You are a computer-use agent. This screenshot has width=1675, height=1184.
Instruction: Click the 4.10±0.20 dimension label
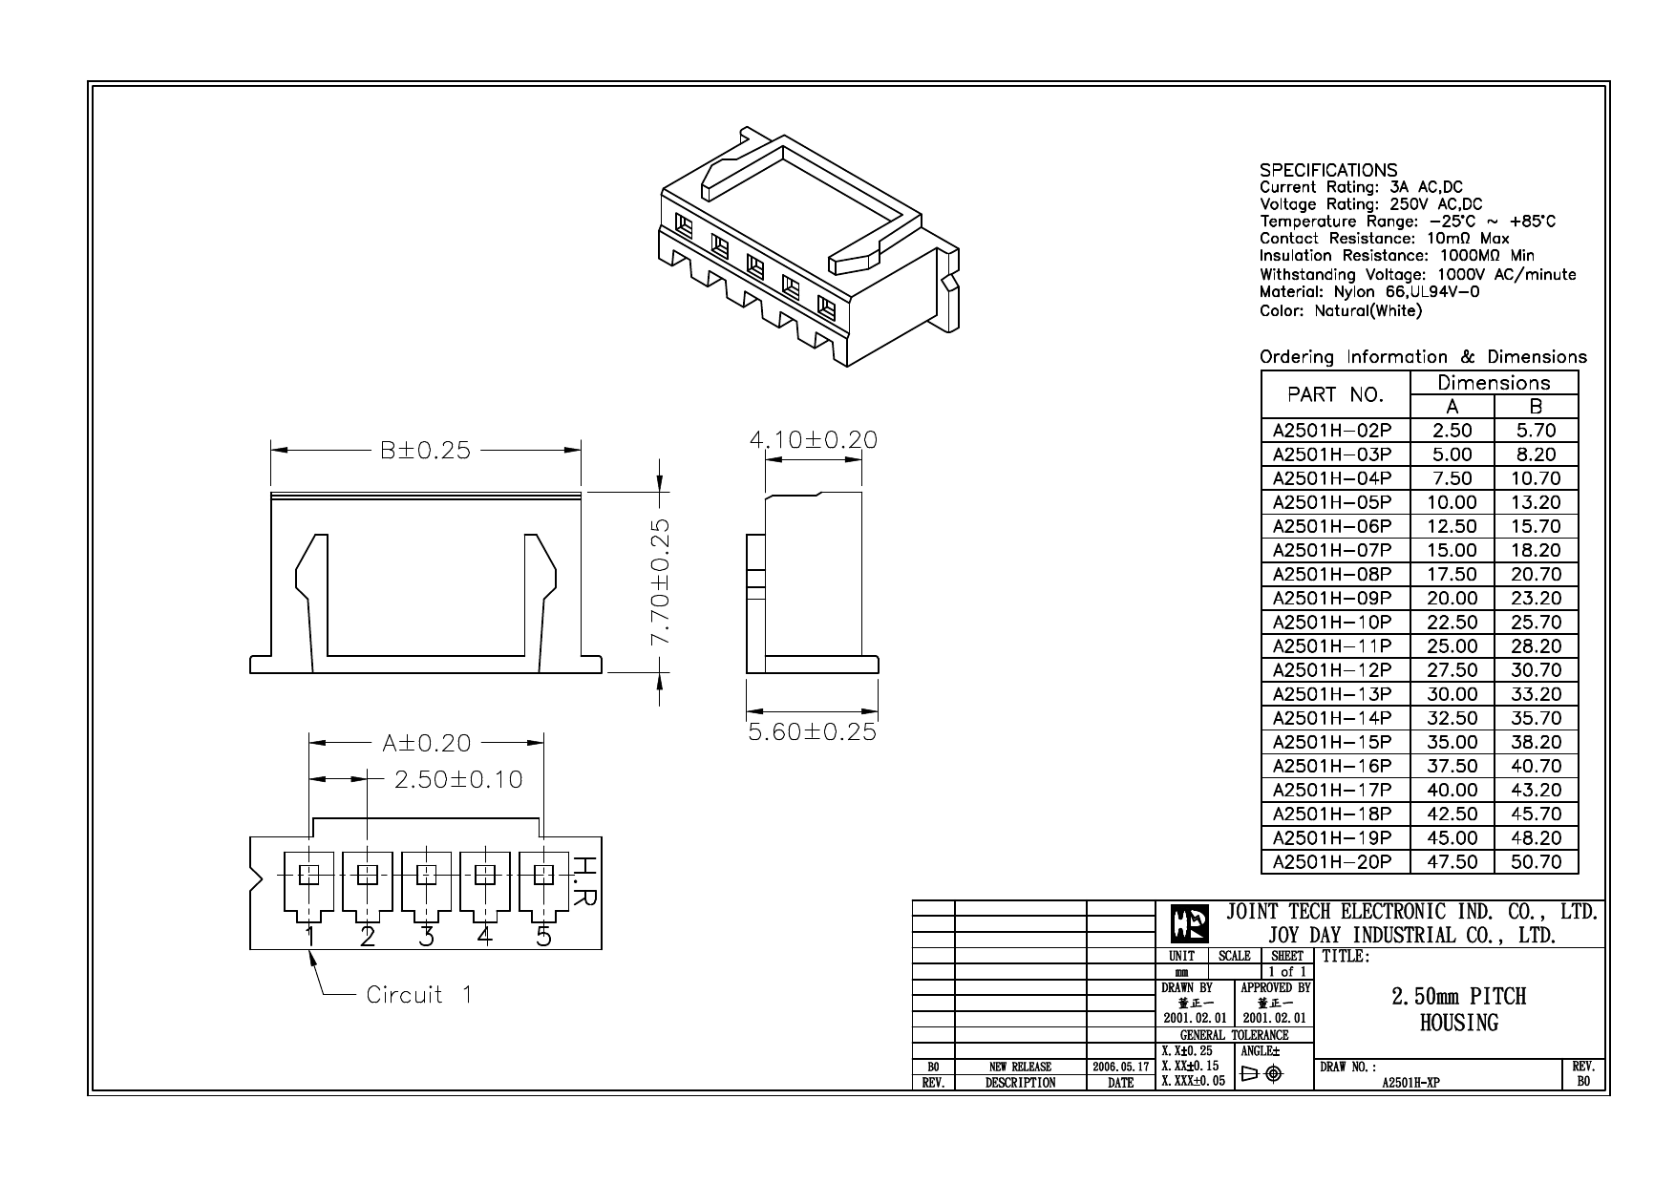813,439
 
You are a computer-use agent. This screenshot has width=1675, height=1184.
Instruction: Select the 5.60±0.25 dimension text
812,732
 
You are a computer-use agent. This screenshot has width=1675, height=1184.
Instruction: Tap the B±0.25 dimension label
426,451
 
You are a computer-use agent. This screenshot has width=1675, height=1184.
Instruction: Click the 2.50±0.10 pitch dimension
458,779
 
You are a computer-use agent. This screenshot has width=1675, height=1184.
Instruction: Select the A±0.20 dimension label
427,743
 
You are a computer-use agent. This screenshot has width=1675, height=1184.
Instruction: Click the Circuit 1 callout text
418,995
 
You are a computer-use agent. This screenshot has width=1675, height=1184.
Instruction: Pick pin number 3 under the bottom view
426,937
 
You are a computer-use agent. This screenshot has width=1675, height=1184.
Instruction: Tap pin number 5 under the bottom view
543,937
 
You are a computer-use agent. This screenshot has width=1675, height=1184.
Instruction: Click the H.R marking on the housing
584,882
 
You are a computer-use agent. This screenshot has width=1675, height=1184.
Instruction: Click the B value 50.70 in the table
1536,861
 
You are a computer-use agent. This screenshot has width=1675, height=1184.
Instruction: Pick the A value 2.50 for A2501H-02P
1452,431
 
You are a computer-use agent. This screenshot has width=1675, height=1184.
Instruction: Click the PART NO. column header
1334,394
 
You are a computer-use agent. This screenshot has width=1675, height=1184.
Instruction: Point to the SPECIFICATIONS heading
1327,171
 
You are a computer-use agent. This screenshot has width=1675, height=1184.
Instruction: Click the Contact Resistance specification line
1384,239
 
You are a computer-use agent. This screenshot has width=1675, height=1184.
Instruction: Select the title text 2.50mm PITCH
1458,996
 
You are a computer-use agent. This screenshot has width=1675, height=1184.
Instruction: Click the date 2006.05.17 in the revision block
1120,1067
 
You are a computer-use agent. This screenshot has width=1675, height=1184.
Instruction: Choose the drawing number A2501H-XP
1410,1083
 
